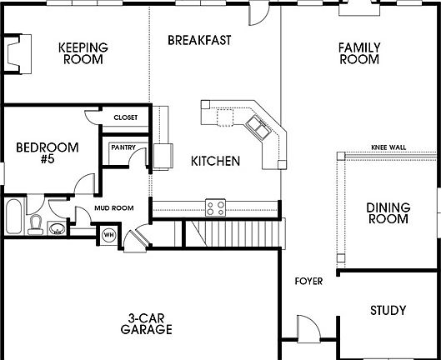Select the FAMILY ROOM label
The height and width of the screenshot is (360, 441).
(x=358, y=53)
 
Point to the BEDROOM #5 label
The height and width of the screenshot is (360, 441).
(x=48, y=154)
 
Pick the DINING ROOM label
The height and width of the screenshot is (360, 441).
(x=388, y=213)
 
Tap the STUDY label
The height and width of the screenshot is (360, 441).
(x=388, y=311)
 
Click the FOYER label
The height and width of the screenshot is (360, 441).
(x=308, y=282)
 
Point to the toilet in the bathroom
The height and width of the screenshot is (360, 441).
(x=36, y=223)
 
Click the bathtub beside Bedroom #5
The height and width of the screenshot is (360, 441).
(x=13, y=217)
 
